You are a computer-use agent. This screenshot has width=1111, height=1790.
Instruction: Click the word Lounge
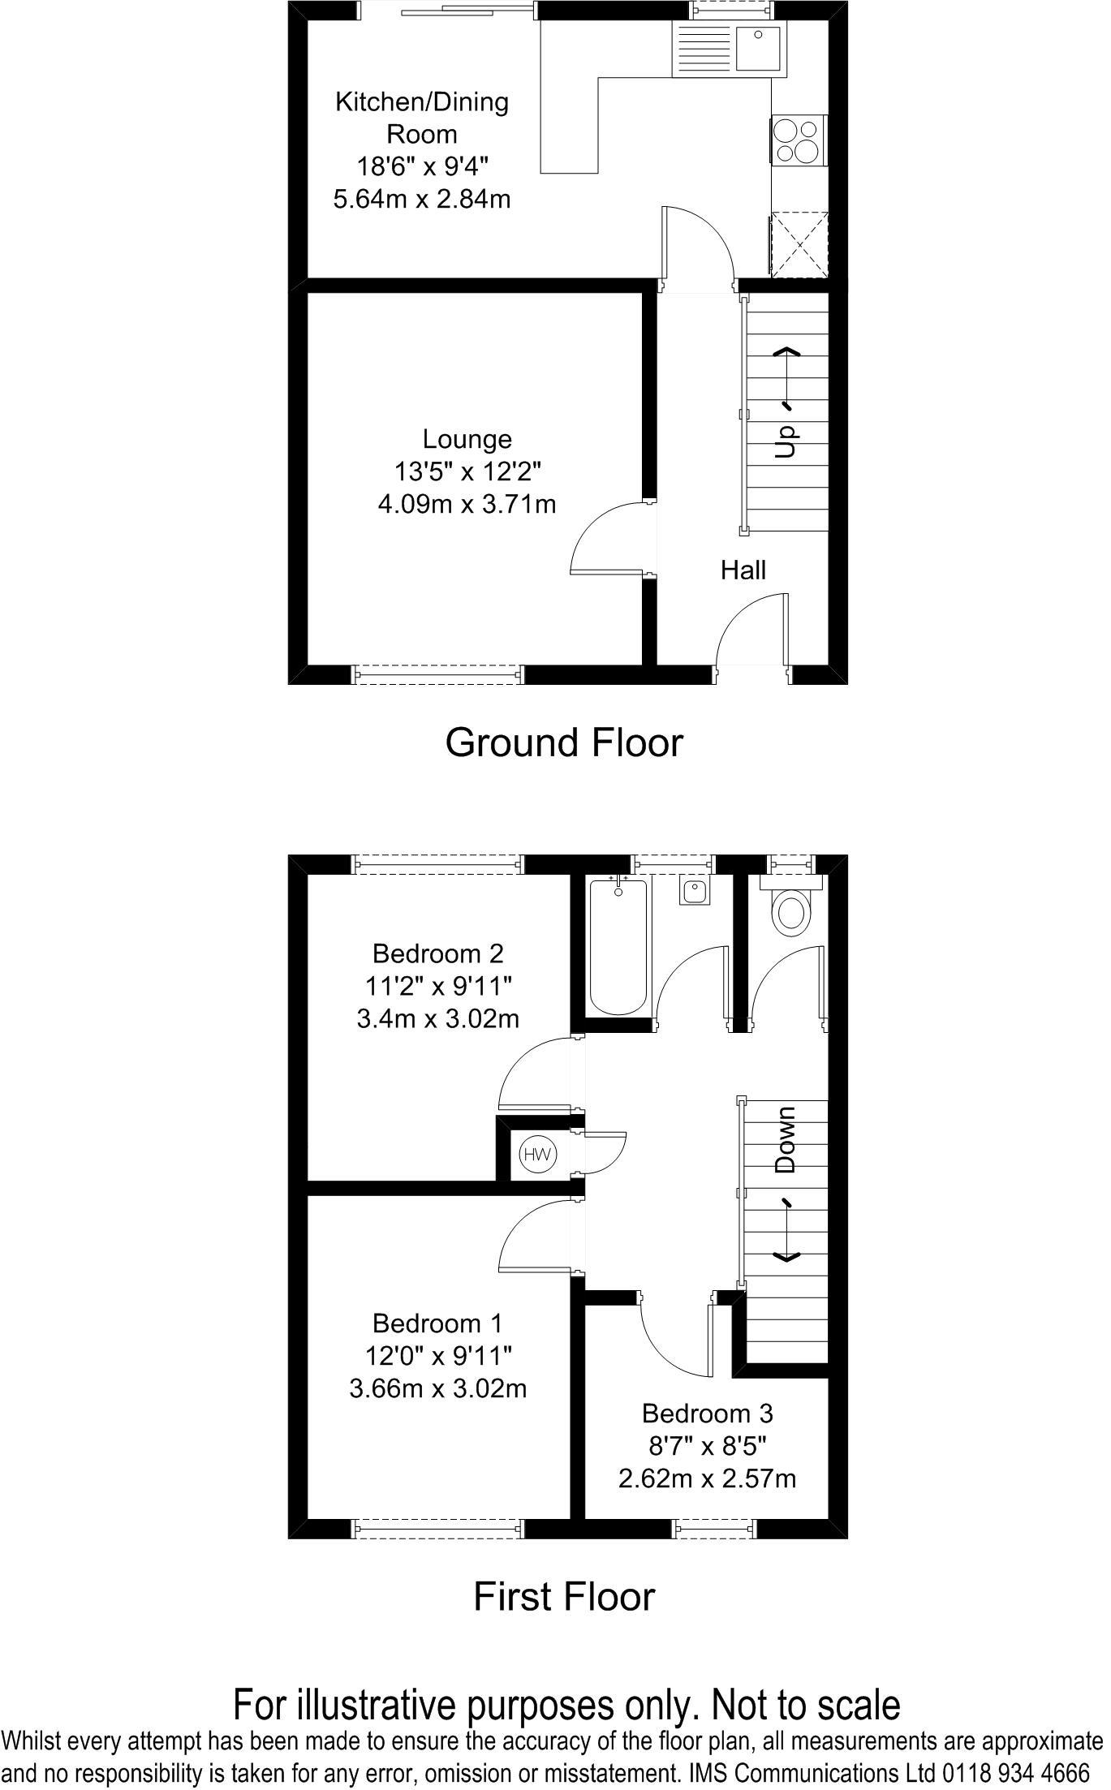467,439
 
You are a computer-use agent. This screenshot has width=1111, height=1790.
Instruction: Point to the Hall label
743,570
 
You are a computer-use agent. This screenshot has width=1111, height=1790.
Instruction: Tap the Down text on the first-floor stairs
785,1139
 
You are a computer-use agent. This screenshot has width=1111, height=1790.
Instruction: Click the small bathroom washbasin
695,892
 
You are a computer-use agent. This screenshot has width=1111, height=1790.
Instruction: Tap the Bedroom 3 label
707,1413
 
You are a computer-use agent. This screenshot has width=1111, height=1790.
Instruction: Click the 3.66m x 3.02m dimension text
438,1388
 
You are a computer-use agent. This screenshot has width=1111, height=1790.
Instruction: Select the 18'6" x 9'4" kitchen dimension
422,166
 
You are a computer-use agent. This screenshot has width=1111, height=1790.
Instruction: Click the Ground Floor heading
564,742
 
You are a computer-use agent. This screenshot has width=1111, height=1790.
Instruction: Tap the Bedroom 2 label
438,953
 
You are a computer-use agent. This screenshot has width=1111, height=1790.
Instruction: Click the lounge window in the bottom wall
438,673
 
